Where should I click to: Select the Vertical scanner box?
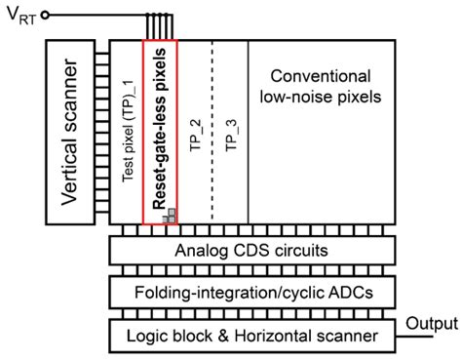click(74, 136)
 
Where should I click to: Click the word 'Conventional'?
click(322, 75)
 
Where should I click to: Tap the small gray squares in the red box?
click(170, 216)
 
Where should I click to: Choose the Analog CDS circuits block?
click(250, 251)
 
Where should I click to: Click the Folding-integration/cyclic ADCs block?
click(250, 292)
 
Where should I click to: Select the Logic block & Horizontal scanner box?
click(250, 335)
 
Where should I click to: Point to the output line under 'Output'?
click(419, 335)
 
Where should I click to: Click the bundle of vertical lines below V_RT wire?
click(159, 28)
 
